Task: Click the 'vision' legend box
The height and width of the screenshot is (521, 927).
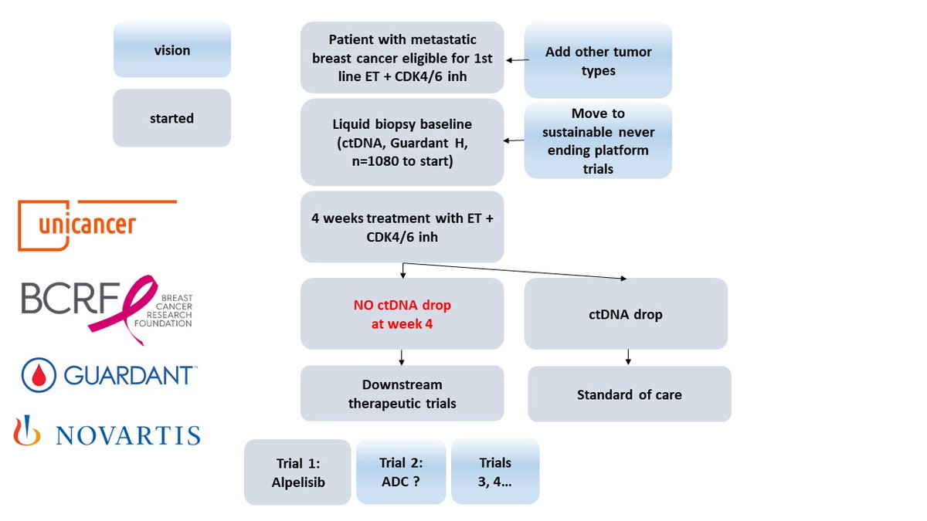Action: (x=172, y=49)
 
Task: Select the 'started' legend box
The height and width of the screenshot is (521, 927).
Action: (x=171, y=118)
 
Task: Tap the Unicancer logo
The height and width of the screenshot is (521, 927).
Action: (x=97, y=225)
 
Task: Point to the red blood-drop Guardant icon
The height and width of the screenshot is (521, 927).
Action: (x=39, y=375)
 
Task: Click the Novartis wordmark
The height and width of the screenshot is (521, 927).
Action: (x=128, y=435)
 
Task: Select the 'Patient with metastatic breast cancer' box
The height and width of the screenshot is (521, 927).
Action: (x=402, y=57)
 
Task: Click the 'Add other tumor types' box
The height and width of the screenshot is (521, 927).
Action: (x=598, y=60)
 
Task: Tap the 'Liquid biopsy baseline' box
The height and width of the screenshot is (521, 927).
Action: (x=402, y=142)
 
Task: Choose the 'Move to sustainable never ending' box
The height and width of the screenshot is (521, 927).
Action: (x=598, y=140)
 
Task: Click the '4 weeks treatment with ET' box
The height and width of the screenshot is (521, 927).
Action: (x=402, y=227)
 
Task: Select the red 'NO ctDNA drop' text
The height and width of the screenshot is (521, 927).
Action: (x=402, y=314)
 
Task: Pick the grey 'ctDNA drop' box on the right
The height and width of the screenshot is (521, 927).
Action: (x=626, y=314)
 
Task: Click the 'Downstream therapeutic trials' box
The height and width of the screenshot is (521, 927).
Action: (x=402, y=393)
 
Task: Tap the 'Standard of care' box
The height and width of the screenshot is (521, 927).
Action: (x=630, y=394)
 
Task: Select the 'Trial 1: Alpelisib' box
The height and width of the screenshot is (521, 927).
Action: (x=297, y=472)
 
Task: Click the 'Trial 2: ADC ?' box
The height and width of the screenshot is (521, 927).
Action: (x=401, y=472)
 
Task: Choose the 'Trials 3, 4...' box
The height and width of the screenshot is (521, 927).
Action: (x=495, y=472)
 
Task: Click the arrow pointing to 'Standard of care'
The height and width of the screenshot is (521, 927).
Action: (x=628, y=357)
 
